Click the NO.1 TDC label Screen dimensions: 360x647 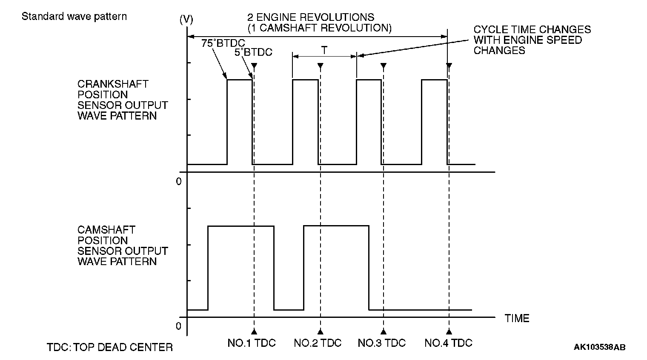click(252, 343)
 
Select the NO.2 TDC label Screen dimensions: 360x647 click(318, 343)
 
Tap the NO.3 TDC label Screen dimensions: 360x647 click(382, 343)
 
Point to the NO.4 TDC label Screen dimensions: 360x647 click(449, 343)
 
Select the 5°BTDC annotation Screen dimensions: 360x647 click(253, 52)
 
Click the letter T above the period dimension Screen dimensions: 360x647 click(324, 51)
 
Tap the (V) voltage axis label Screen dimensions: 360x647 click(186, 19)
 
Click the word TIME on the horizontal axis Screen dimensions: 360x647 click(517, 318)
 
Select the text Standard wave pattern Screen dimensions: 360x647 click(74, 17)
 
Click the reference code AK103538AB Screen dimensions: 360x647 click(599, 347)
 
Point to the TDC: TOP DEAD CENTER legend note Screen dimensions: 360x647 click(110, 347)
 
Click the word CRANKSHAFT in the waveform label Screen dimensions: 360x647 click(113, 84)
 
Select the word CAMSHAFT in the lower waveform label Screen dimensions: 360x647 click(106, 230)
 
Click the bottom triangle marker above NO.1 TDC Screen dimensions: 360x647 click(254, 331)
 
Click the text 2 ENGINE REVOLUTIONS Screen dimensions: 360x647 click(311, 17)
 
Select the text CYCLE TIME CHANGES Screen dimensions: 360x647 click(532, 29)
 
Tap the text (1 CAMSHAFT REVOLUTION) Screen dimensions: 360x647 click(319, 28)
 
